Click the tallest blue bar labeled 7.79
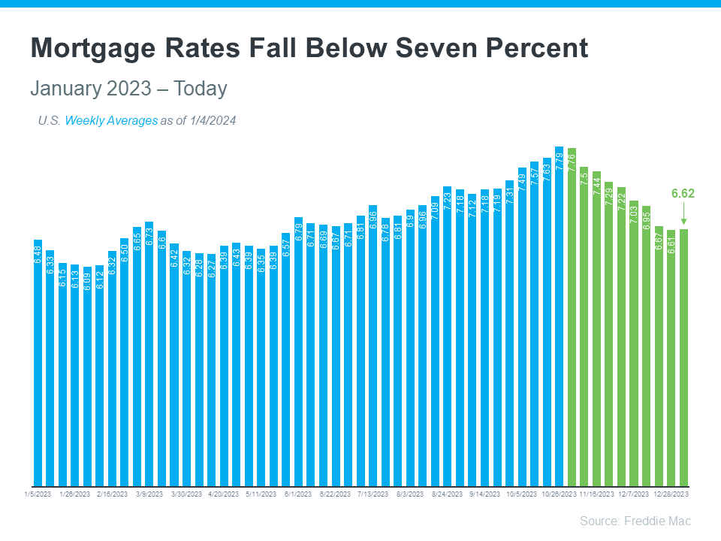click(x=559, y=316)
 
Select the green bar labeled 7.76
click(x=572, y=316)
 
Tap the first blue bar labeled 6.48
click(x=38, y=361)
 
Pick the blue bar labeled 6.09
click(x=87, y=376)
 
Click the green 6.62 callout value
click(x=683, y=193)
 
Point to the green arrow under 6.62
click(x=683, y=215)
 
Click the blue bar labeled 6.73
click(x=149, y=353)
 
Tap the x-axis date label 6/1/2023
click(x=297, y=494)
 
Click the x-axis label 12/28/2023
click(x=670, y=494)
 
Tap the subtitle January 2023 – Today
click(x=128, y=89)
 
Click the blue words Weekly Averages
click(x=111, y=120)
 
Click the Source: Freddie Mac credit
click(x=635, y=521)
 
